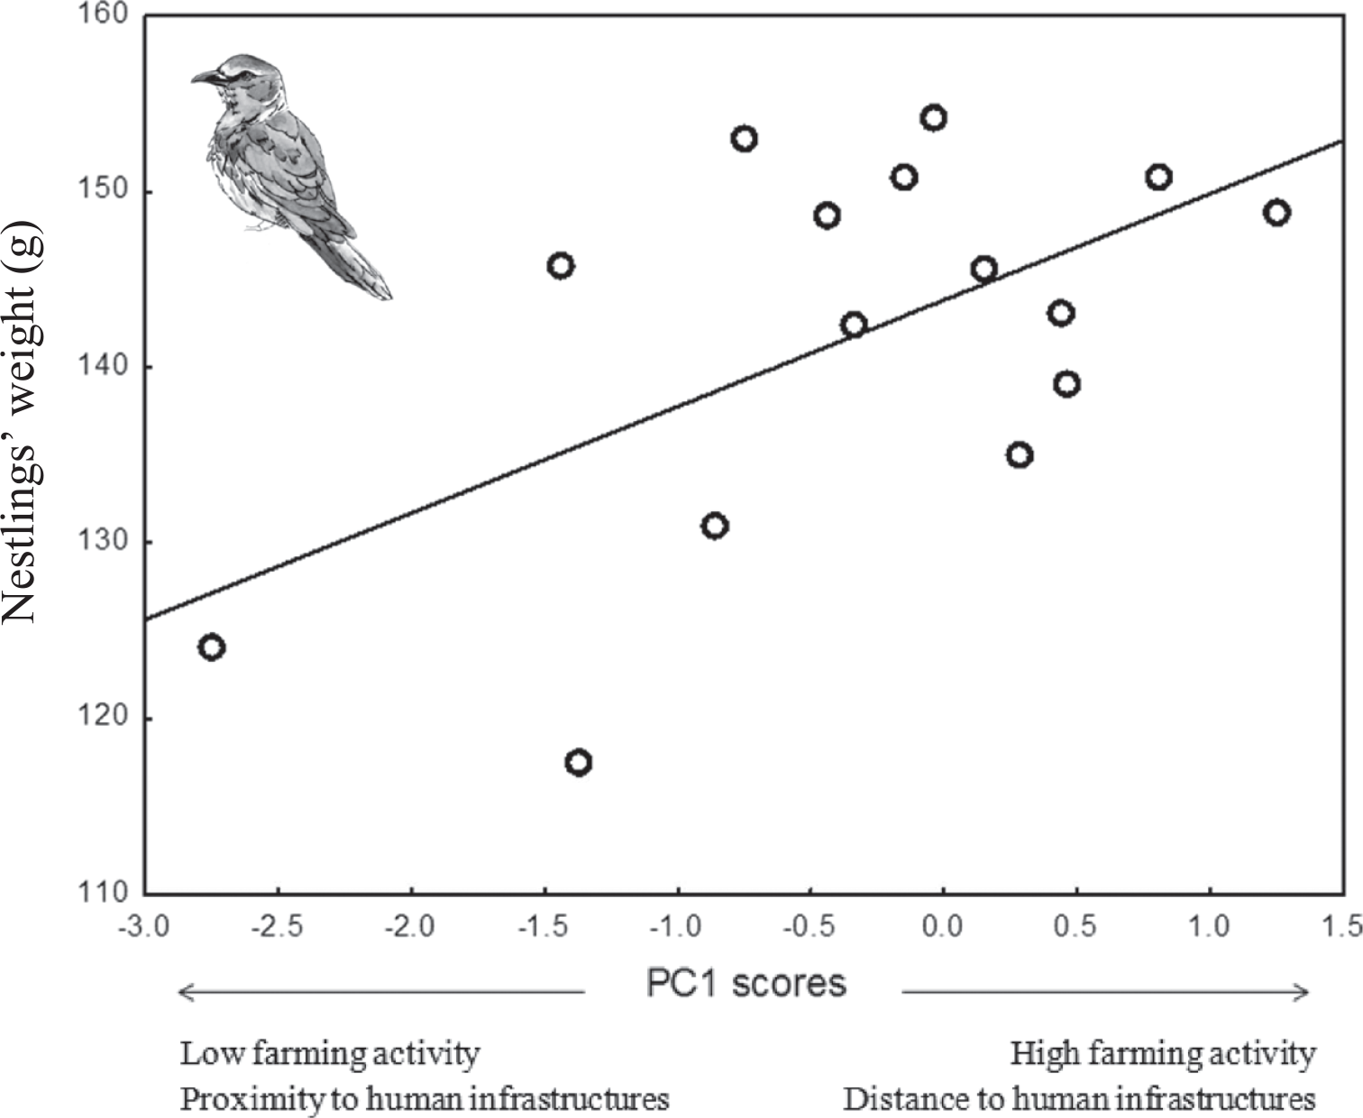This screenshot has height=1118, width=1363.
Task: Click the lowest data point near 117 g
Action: pyautogui.click(x=579, y=763)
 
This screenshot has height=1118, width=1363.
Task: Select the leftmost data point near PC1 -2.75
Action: pyautogui.click(x=211, y=647)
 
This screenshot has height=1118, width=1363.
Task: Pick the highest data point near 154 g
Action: pyautogui.click(x=933, y=118)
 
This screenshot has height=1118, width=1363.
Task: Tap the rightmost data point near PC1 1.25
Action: pyautogui.click(x=1276, y=214)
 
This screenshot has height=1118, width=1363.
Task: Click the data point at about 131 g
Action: pyautogui.click(x=715, y=526)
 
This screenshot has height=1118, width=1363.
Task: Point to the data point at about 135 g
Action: pyautogui.click(x=1020, y=455)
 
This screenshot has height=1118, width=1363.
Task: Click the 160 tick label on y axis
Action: pyautogui.click(x=109, y=16)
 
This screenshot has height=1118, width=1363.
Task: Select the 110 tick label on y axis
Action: pyautogui.click(x=109, y=893)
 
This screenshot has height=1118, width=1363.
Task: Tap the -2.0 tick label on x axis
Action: pyautogui.click(x=411, y=927)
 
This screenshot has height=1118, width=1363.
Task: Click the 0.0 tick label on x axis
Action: pyautogui.click(x=943, y=927)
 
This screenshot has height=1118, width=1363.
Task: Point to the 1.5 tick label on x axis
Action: pyautogui.click(x=1343, y=927)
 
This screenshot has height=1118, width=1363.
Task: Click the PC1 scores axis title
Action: pyautogui.click(x=746, y=984)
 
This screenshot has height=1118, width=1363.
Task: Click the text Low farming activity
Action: pyautogui.click(x=330, y=1053)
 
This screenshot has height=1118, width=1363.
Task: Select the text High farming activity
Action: pyautogui.click(x=1163, y=1053)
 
